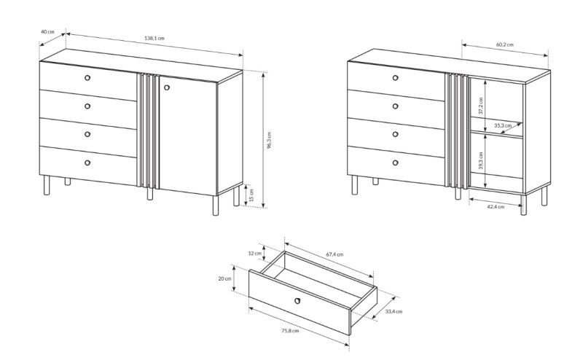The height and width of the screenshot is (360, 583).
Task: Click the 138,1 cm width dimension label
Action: (154, 38)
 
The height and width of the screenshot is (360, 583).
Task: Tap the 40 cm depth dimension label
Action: (47, 31)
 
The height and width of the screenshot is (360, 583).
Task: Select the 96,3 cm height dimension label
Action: (269, 140)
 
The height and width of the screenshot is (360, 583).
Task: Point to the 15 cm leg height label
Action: (251, 195)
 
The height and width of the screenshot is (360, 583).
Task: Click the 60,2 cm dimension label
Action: (504, 44)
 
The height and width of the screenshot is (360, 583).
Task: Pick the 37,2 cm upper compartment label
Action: (481, 106)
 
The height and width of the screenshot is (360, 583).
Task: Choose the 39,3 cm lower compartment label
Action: (481, 160)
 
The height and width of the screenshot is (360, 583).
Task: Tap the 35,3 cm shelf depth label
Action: (503, 125)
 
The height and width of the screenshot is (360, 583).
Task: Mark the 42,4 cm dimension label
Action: (496, 207)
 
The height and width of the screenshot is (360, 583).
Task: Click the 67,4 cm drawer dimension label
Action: (334, 254)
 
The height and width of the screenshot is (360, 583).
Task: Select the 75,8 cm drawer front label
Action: (290, 331)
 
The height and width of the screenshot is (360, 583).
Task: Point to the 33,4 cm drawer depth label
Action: (394, 311)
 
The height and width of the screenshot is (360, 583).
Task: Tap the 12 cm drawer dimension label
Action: (254, 254)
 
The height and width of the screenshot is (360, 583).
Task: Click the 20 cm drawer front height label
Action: (224, 278)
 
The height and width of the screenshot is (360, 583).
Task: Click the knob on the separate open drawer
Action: (297, 300)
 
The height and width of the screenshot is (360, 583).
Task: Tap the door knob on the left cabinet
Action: (167, 87)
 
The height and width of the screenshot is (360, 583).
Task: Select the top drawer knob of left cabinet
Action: (87, 78)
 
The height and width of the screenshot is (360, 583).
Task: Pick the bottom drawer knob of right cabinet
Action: (395, 163)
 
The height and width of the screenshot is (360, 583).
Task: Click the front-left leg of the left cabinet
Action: (47, 185)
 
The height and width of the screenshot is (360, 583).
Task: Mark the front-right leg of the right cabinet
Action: (523, 205)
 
